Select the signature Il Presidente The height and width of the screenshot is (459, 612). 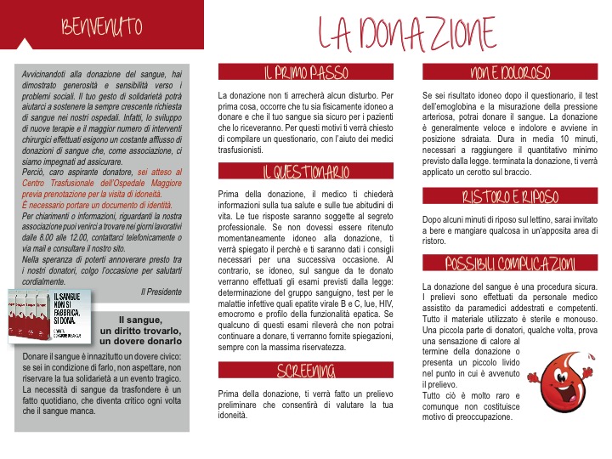161,292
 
